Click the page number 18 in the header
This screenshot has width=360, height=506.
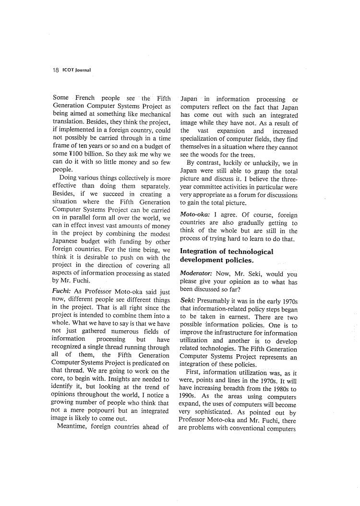55,70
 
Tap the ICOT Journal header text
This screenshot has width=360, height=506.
77,70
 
